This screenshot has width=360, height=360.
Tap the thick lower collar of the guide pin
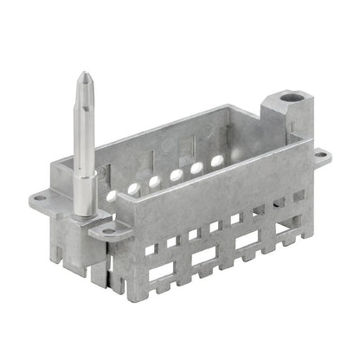[85, 195]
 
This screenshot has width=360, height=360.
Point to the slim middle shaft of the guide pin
[84, 138]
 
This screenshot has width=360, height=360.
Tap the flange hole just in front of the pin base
[107, 231]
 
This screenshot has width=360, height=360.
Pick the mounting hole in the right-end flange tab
[320, 155]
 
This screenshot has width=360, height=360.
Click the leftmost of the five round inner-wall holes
[133, 186]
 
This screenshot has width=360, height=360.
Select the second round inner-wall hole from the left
[155, 181]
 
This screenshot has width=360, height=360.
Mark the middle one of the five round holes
[176, 176]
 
